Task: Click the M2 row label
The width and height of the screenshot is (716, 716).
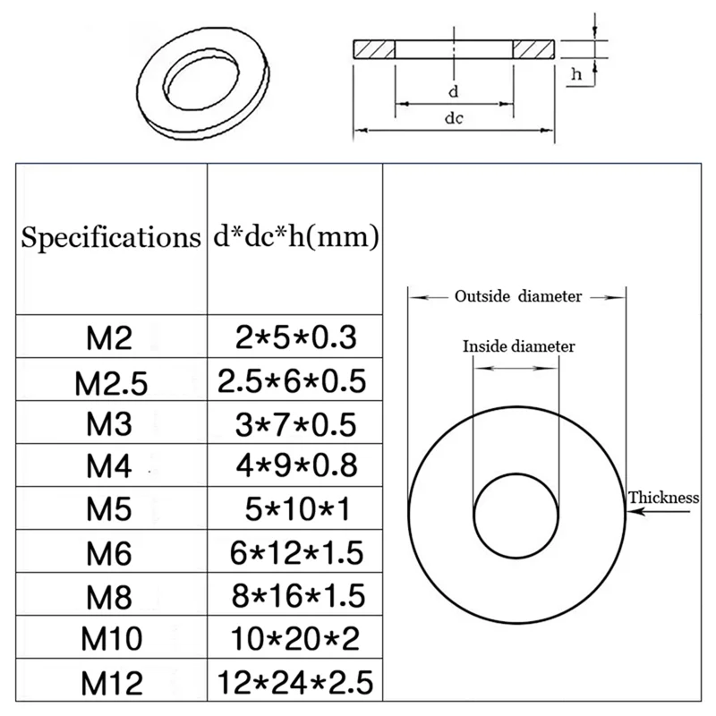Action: (109, 337)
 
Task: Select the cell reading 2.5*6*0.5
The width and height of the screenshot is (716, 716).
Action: (293, 380)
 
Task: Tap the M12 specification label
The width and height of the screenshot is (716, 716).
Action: (113, 684)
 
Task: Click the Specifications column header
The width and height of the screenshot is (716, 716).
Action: (110, 238)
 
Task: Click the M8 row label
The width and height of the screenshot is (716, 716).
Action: (109, 597)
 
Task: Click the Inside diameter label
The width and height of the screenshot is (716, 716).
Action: (518, 346)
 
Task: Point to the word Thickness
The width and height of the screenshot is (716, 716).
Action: (662, 499)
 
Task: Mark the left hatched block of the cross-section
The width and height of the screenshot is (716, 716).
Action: (374, 50)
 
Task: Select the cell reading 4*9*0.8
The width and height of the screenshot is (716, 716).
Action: (293, 465)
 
